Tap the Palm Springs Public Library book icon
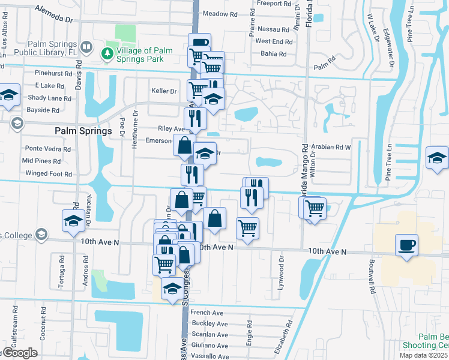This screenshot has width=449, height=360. [x=86, y=46]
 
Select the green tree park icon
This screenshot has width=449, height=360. [x=108, y=53]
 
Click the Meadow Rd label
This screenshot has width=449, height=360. [x=220, y=13]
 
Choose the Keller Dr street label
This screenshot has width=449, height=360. [x=164, y=91]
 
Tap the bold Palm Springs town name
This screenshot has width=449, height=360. [x=83, y=131]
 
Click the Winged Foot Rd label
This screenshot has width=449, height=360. [x=49, y=174]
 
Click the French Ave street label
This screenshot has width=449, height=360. [x=206, y=313]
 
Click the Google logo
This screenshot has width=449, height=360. [x=19, y=353]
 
